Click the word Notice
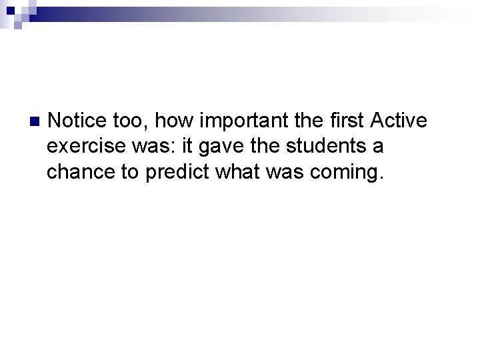pyautogui.click(x=76, y=121)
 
